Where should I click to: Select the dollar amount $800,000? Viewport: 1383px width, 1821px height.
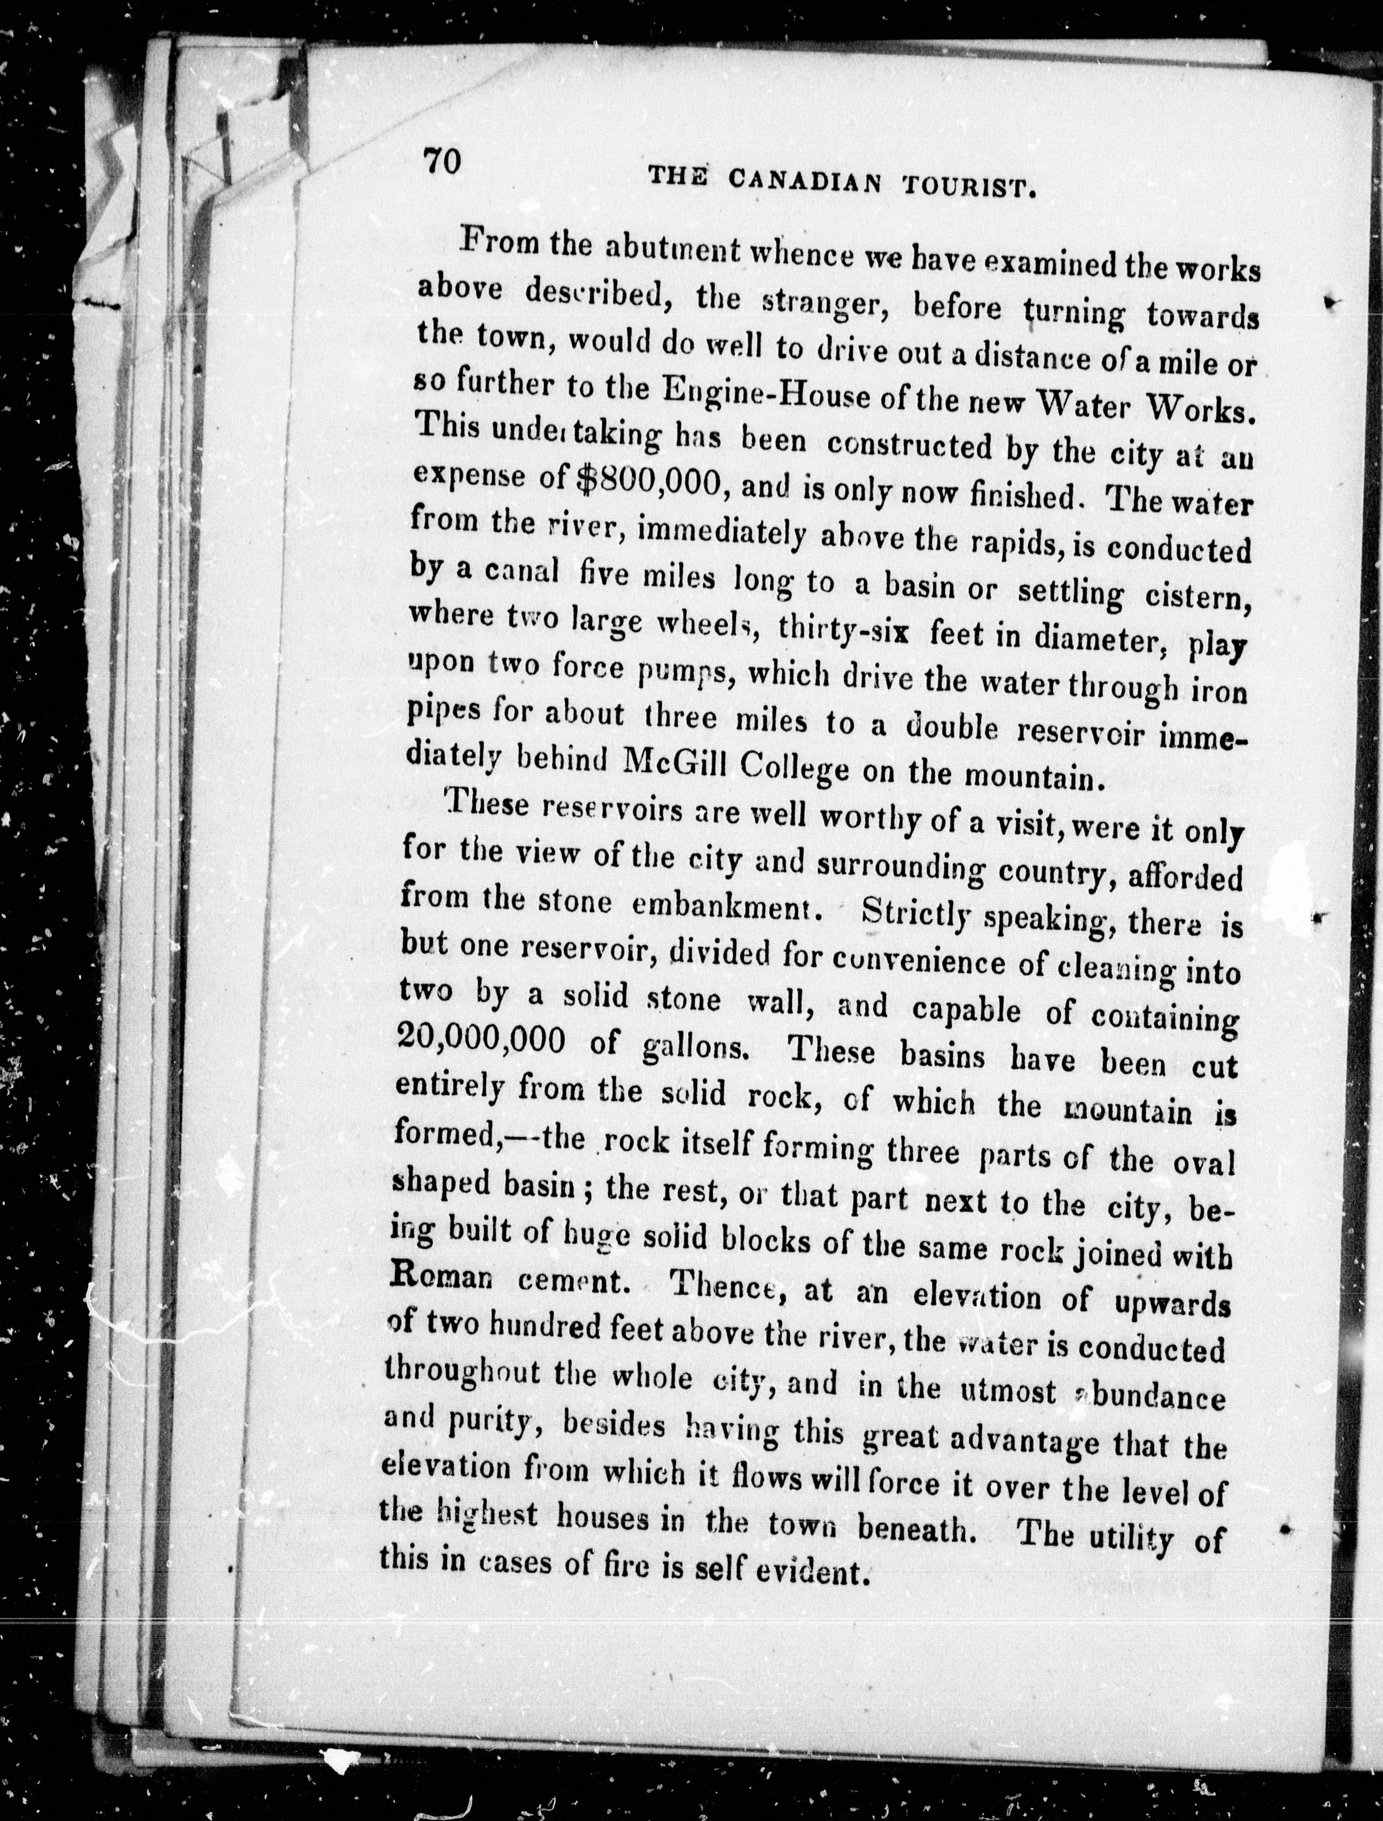pyautogui.click(x=649, y=484)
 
